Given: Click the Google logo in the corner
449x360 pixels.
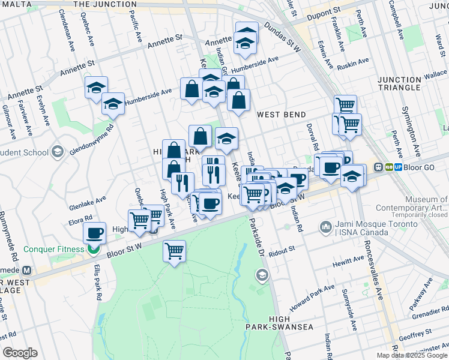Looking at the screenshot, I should (20, 353).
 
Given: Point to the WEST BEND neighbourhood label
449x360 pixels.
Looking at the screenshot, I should (282, 115).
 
